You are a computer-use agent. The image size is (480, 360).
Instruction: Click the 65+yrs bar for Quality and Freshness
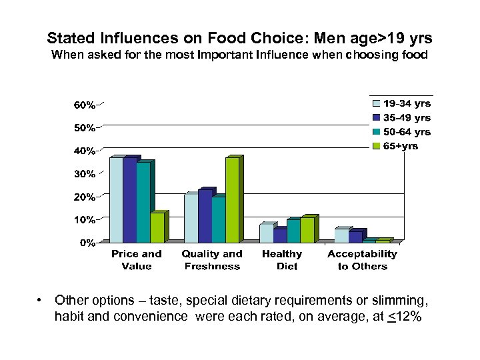[x=231, y=200]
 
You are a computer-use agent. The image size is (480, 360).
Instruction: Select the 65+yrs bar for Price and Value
[x=157, y=228]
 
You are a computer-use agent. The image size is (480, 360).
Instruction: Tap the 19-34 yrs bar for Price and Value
[x=116, y=200]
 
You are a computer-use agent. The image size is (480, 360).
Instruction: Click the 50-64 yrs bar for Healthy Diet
[x=293, y=231]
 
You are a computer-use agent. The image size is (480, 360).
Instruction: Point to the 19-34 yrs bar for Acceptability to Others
[x=341, y=235]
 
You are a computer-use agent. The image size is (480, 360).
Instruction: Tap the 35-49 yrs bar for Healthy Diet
[x=279, y=235]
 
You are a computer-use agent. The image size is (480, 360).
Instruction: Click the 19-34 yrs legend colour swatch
[x=376, y=103]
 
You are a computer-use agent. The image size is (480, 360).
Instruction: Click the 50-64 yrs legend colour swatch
[x=376, y=132]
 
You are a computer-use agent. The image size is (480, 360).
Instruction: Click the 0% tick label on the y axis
[x=87, y=243]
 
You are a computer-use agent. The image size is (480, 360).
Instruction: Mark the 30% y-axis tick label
[x=84, y=174]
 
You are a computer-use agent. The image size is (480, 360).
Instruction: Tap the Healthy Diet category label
[x=282, y=260]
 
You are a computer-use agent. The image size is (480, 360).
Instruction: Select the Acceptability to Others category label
[x=362, y=260]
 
